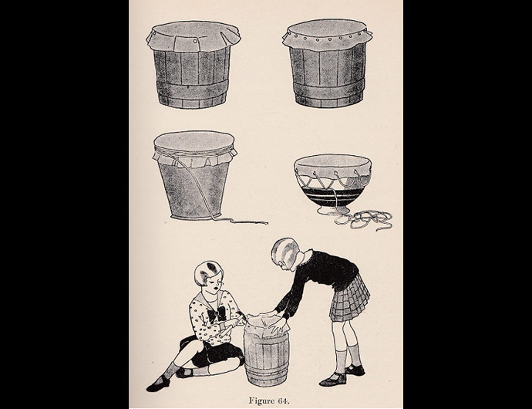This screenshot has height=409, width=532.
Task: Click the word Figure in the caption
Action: click(258, 401)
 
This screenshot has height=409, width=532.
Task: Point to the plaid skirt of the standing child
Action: click(348, 298)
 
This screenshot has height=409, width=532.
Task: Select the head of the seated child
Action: click(210, 273)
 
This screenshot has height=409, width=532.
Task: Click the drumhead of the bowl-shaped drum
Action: click(333, 163)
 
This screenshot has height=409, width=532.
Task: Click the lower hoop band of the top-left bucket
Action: click(190, 99)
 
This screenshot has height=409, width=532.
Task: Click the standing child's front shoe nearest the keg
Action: click(334, 378)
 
